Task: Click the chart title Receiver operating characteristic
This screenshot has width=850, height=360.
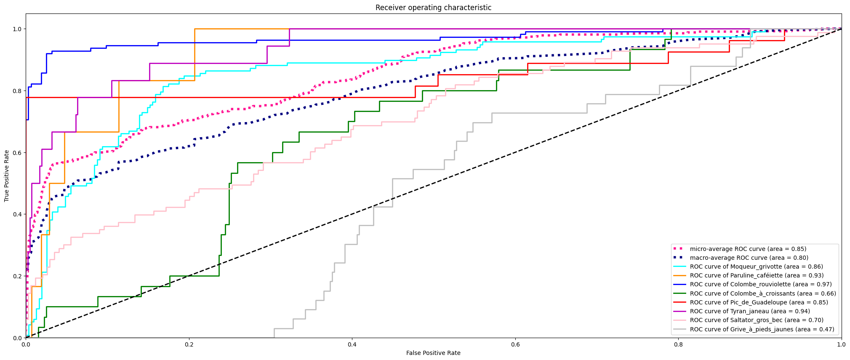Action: (433, 8)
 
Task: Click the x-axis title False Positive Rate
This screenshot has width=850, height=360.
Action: (433, 353)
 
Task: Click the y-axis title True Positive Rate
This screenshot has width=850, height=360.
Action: (7, 176)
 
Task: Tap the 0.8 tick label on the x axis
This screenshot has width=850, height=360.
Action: (678, 344)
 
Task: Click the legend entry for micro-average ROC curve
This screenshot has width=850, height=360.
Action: (748, 249)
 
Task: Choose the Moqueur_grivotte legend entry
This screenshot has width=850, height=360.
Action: (756, 267)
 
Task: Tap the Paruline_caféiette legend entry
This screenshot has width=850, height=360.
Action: (757, 275)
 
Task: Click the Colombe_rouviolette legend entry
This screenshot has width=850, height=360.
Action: (760, 284)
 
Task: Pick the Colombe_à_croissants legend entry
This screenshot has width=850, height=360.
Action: (763, 293)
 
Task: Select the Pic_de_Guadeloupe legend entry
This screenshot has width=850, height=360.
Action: (759, 302)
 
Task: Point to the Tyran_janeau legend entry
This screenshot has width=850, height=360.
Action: (749, 311)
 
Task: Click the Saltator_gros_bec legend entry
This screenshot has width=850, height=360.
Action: (757, 320)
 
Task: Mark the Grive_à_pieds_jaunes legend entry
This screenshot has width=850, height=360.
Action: (762, 329)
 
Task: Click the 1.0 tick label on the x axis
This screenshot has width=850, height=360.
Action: (841, 344)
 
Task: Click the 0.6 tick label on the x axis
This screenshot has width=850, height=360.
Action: (515, 344)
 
